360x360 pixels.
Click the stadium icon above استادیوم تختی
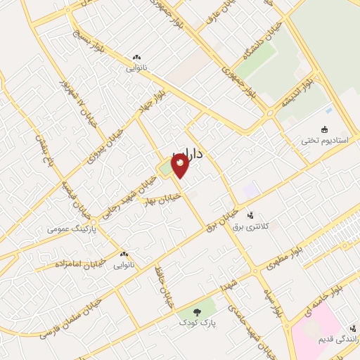[324, 129]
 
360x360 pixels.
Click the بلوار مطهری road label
[284, 258]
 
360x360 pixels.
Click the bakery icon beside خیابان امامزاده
[124, 255]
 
